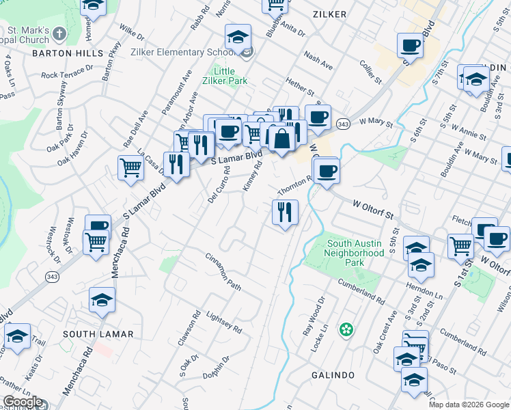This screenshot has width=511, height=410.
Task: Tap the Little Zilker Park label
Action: (224, 76)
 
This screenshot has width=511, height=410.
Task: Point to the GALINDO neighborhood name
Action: (333, 376)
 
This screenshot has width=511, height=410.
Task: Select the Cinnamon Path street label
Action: (223, 271)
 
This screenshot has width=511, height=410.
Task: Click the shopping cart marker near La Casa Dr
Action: (130, 167)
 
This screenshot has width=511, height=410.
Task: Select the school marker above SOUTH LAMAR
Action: (102, 299)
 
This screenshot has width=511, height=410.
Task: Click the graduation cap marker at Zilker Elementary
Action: (238, 36)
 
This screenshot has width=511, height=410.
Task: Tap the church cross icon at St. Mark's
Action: (59, 32)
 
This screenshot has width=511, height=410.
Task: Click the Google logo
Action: (23, 402)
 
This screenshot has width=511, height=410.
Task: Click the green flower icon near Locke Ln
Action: (346, 330)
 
